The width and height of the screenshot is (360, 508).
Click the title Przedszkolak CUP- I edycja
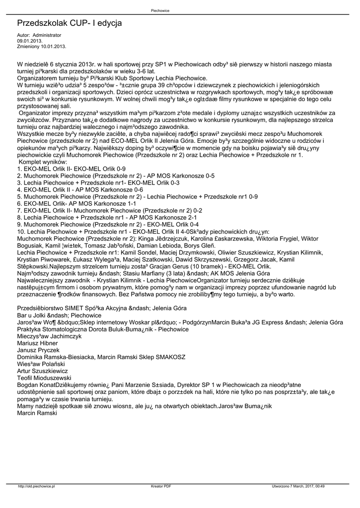(x=69, y=23)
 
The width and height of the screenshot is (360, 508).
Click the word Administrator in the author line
(x=47, y=35)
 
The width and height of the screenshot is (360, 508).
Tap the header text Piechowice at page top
(x=161, y=10)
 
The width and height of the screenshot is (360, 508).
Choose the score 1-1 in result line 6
(x=131, y=203)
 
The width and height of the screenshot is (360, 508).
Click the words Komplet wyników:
(x=43, y=162)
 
